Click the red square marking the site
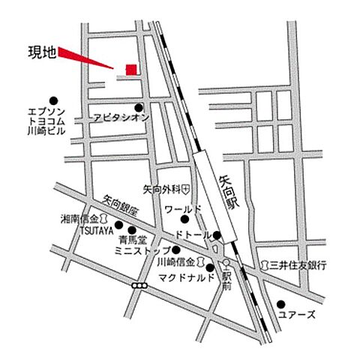pyautogui.click(x=131, y=70)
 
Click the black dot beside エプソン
pyautogui.click(x=53, y=100)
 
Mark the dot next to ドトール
pyautogui.click(x=216, y=235)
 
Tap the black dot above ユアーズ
pyautogui.click(x=281, y=304)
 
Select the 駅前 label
pyautogui.click(x=225, y=277)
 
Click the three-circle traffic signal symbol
pyautogui.click(x=139, y=286)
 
